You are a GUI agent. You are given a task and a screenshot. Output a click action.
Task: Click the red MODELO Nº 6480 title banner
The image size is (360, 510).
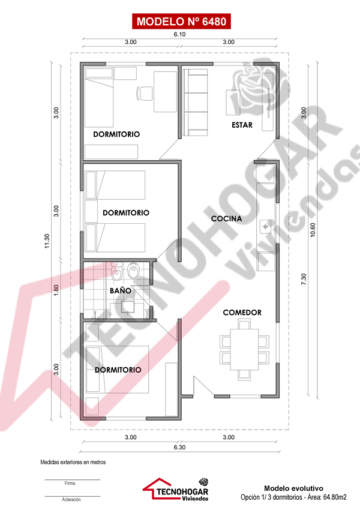pos(181,22)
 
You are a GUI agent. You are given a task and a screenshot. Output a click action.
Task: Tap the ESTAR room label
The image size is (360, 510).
pos(242,125)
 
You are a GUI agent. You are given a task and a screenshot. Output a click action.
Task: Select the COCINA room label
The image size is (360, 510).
pos(226,218)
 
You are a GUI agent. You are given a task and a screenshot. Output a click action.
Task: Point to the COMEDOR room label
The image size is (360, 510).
pos(242,312)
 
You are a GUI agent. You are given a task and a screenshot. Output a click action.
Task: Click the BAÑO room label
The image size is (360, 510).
pos(121,290)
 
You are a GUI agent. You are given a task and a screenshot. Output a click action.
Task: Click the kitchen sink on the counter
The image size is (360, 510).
pos(265,226)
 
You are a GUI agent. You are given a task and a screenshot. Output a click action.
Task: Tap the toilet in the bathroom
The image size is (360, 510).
pos(134,271)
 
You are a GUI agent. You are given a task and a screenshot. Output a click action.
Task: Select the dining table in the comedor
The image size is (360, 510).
pos(244,350)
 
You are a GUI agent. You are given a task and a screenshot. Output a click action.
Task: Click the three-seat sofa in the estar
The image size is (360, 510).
pos(195,102)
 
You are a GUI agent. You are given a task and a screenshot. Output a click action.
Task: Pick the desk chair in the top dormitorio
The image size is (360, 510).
pos(144,93)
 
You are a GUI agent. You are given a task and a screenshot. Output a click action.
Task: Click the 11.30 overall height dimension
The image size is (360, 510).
pos(47,241)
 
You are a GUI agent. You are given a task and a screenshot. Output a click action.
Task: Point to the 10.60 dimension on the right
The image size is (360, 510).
pos(313,230)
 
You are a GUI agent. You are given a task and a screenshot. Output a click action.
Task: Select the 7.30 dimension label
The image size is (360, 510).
pos(304,280)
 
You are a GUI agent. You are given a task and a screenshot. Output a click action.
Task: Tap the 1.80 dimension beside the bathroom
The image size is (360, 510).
pos(56,290)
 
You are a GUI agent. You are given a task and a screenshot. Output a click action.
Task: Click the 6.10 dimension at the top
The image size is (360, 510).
pos(179,34)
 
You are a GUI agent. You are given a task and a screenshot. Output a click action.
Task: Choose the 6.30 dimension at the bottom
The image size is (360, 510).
pos(179,447)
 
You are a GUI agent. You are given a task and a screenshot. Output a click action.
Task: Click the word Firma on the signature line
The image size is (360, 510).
pos(70,484)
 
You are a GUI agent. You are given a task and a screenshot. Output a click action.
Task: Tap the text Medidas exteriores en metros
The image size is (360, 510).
pos(73,462)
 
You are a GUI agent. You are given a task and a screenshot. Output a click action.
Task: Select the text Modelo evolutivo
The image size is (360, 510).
pos(293,488)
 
